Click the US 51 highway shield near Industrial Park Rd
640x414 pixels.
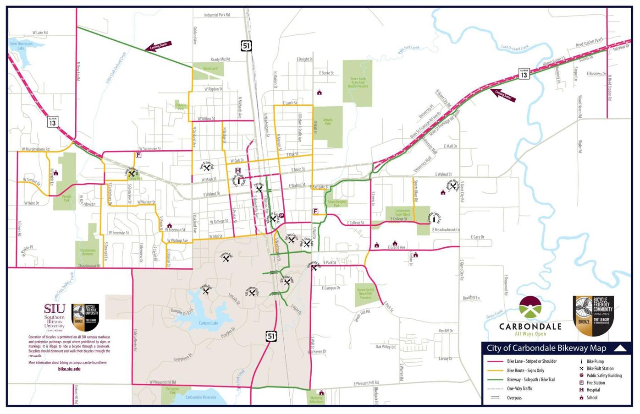pyautogui.click(x=247, y=45)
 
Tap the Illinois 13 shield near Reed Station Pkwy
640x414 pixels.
pyautogui.click(x=524, y=74)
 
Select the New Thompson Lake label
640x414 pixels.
pyautogui.click(x=21, y=46)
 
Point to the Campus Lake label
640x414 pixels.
pyautogui.click(x=208, y=323)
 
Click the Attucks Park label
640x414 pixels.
pyautogui.click(x=327, y=121)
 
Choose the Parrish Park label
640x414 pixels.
pyautogui.click(x=66, y=198)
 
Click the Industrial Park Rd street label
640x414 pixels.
pyautogui.click(x=217, y=15)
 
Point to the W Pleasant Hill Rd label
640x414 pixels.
pyautogui.click(x=162, y=382)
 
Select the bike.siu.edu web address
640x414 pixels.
pyautogui.click(x=69, y=369)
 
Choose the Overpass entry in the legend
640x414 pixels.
pyautogui.click(x=514, y=398)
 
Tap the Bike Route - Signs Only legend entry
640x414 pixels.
pyautogui.click(x=525, y=370)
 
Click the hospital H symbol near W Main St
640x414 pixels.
pyautogui.click(x=238, y=171)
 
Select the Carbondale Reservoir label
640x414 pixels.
pyautogui.click(x=201, y=397)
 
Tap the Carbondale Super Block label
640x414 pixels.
pyautogui.click(x=403, y=212)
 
